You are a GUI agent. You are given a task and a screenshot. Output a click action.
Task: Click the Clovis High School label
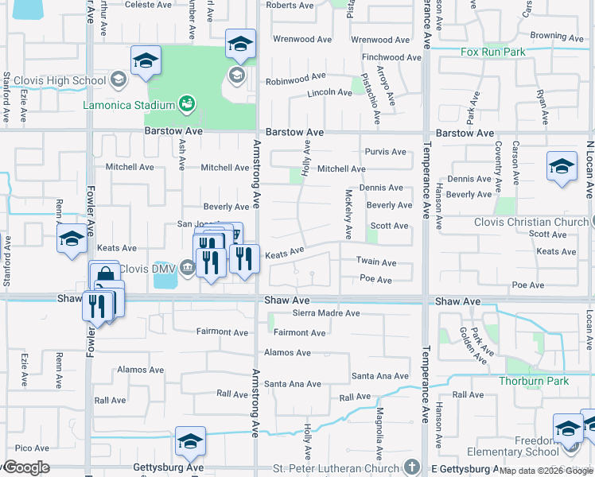pyautogui.click(x=55, y=80)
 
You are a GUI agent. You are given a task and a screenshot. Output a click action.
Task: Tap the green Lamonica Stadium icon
pyautogui.click(x=187, y=103)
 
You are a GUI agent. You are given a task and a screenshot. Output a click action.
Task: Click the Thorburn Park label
pyautogui.click(x=533, y=381)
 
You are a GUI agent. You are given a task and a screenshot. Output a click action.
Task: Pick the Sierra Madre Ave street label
pyautogui.click(x=327, y=313)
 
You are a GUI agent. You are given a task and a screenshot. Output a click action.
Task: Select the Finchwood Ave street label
pyautogui.click(x=391, y=57)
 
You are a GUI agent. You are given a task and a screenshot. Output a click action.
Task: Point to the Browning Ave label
pyautogui.click(x=558, y=36)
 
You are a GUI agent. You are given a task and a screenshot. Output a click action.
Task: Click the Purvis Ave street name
pyautogui.click(x=385, y=152)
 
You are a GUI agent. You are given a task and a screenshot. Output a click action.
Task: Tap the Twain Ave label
pyautogui.click(x=375, y=262)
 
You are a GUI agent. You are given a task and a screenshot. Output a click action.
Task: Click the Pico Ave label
pyautogui.click(x=32, y=448)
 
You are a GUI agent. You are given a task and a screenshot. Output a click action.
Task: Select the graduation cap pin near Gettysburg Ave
pyautogui.click(x=191, y=442)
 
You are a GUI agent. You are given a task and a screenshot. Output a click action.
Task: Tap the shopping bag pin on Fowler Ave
pyautogui.click(x=104, y=275)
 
